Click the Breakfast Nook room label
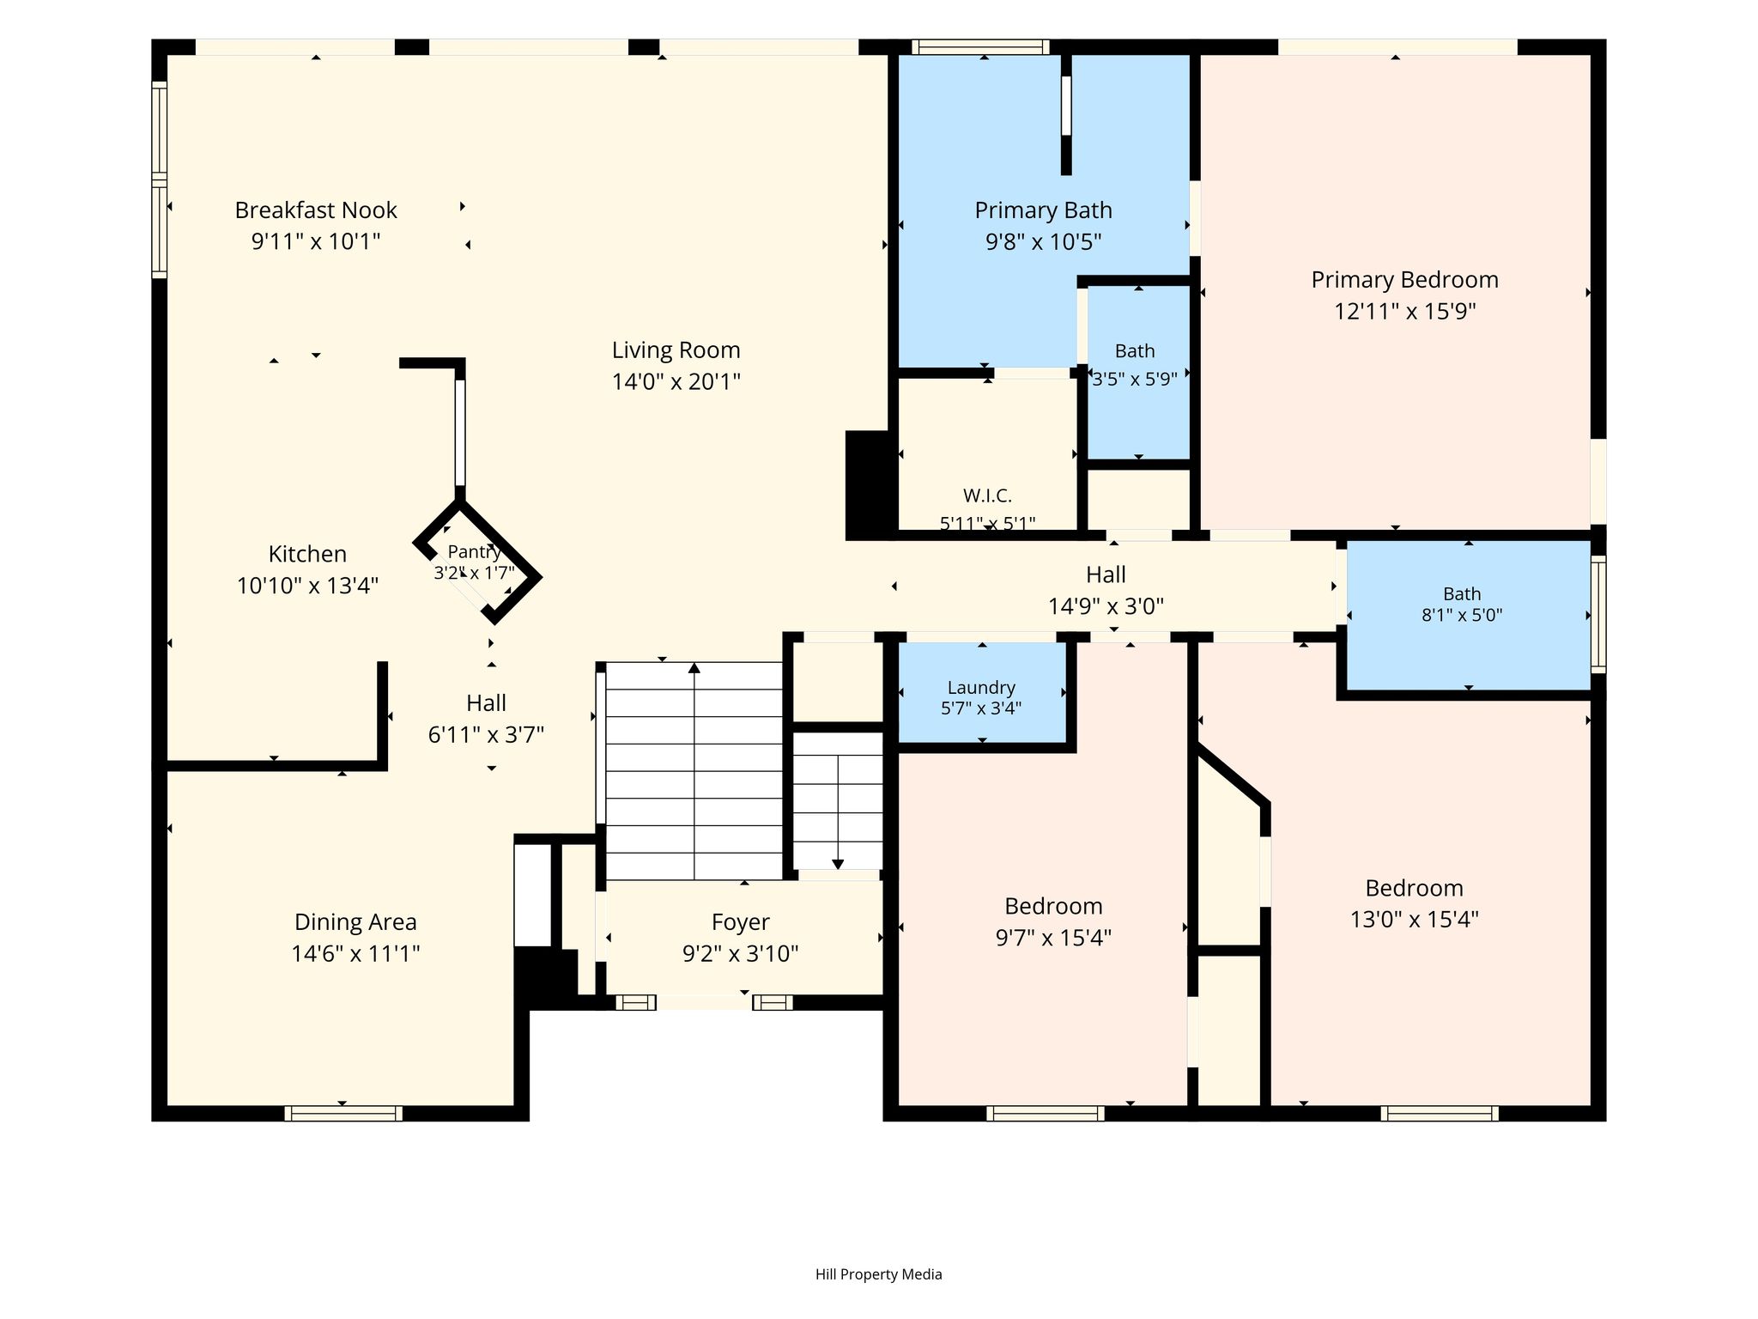point(316,210)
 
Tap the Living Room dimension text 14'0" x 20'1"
point(676,381)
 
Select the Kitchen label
point(307,554)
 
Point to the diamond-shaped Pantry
point(477,561)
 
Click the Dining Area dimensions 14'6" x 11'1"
point(355,953)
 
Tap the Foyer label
point(740,922)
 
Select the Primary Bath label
point(1043,210)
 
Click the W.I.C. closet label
point(987,495)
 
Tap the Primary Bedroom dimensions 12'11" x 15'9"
point(1405,311)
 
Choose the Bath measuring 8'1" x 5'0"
point(1469,614)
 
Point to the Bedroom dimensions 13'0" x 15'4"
point(1414,920)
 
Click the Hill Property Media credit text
point(878,1274)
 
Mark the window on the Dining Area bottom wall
point(343,1114)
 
